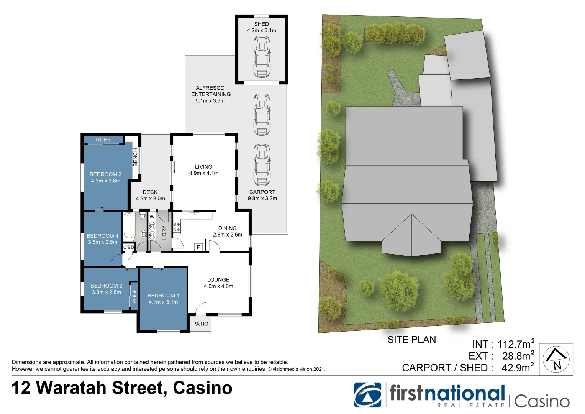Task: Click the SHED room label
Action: [261, 24]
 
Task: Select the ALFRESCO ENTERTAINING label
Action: [211, 91]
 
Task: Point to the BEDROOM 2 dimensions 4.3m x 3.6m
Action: [105, 181]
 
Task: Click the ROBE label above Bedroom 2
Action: [103, 140]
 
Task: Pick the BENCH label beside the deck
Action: [135, 157]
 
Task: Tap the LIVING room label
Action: [203, 167]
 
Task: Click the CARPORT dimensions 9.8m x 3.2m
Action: [262, 199]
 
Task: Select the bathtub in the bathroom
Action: [128, 226]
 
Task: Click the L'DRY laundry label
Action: [164, 233]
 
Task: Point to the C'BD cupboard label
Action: [129, 247]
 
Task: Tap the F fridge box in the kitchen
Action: [198, 247]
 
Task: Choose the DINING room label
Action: [227, 228]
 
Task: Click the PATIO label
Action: [200, 324]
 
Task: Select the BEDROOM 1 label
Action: [163, 296]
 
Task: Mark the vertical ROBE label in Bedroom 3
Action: [134, 296]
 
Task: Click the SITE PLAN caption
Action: [411, 340]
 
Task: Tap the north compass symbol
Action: [557, 360]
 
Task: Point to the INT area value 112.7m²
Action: [516, 344]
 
